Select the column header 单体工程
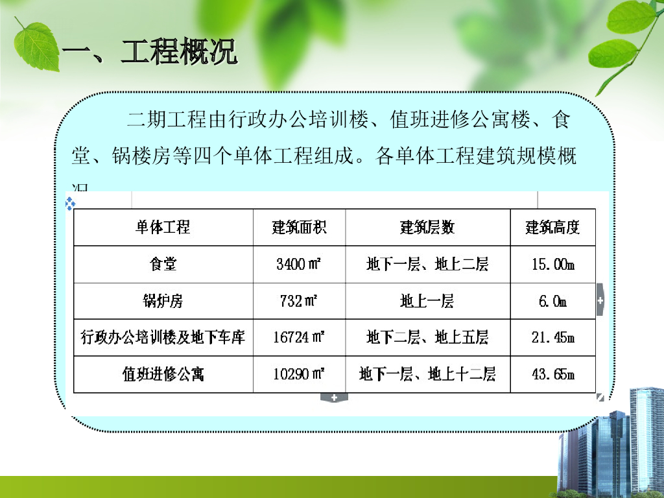tap(163, 228)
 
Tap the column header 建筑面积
tap(299, 228)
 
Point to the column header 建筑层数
tap(427, 228)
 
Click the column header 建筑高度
tap(552, 228)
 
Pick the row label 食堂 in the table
tap(163, 265)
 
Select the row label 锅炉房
tap(163, 302)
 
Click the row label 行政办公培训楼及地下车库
tap(163, 338)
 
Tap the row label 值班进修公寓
tap(163, 375)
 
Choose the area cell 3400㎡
tap(299, 265)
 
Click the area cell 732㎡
tap(299, 302)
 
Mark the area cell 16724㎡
tap(299, 338)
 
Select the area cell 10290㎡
tap(299, 375)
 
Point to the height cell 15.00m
tap(552, 265)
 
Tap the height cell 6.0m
tap(552, 302)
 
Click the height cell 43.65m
tap(552, 375)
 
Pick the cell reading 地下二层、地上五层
tap(427, 338)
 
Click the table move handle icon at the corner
tap(70, 204)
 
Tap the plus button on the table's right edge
tap(600, 301)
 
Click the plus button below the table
tap(334, 397)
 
